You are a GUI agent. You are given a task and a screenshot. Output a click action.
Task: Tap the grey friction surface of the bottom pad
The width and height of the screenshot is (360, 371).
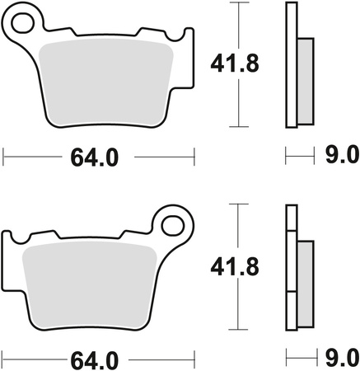(91, 284)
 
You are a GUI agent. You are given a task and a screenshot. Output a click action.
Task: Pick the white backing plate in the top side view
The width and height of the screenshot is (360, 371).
(291, 66)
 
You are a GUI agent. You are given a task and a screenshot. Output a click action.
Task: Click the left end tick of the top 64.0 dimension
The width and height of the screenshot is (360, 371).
(4, 155)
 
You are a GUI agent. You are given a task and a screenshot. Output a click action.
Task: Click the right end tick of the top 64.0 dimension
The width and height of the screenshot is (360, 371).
(194, 155)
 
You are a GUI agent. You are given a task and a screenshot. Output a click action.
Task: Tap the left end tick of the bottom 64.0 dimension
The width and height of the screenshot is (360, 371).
(4, 359)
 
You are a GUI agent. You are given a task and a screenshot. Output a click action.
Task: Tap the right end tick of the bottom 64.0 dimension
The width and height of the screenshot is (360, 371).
(194, 359)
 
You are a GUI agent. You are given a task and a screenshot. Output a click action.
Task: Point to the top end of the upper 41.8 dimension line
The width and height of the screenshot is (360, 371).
(240, 3)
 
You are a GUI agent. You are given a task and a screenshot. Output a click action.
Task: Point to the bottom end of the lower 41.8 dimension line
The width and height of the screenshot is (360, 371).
(240, 330)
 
